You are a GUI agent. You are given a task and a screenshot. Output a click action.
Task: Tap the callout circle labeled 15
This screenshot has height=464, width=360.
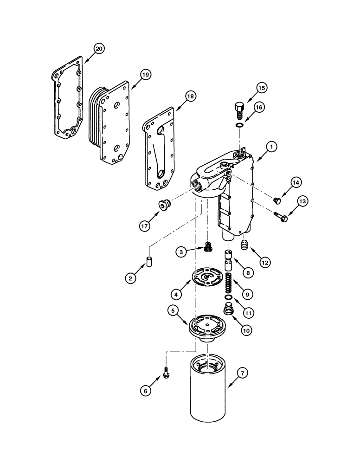[x=262, y=88]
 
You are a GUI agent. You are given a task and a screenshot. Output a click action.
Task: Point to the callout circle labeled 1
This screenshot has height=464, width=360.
[x=271, y=146]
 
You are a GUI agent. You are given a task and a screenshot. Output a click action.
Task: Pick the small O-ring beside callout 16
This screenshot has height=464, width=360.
[x=238, y=125]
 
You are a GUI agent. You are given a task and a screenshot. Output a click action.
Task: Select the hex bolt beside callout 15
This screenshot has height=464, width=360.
[x=237, y=110]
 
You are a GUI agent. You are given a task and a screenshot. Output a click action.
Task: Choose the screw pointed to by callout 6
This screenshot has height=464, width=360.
[x=165, y=371]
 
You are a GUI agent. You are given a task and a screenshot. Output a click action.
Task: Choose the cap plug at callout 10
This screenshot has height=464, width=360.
[x=227, y=310]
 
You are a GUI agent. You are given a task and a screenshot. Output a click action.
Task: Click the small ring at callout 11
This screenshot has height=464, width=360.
[x=228, y=297]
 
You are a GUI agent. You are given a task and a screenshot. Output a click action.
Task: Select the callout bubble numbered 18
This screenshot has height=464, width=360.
[x=191, y=96]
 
